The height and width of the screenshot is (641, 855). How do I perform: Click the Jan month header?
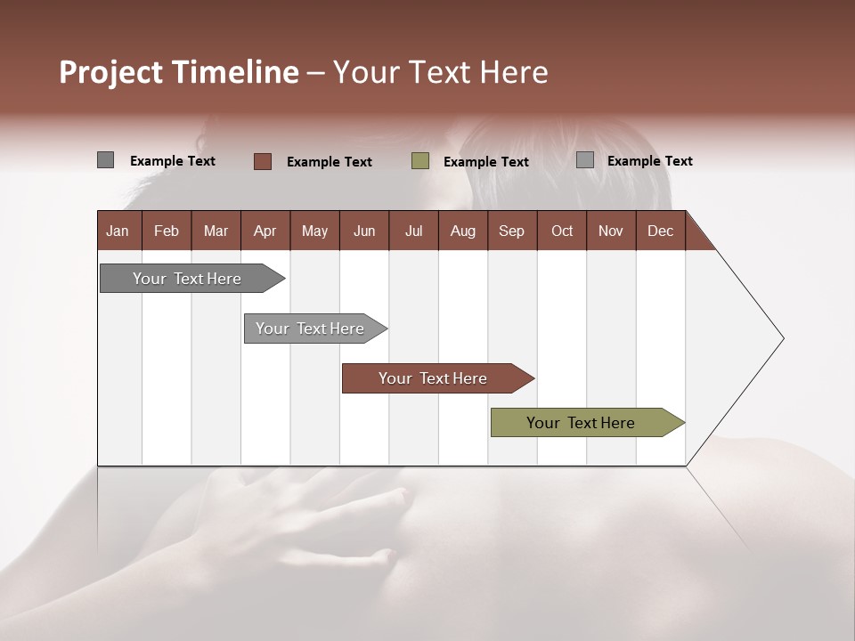point(118,231)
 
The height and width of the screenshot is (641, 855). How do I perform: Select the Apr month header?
point(265,231)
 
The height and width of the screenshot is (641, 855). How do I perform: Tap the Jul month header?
point(413,231)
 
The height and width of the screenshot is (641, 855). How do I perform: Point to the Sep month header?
point(511,231)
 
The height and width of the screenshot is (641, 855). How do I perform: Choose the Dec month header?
point(660,231)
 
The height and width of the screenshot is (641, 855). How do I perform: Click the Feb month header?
point(167,231)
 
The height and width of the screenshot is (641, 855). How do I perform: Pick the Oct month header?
point(562,231)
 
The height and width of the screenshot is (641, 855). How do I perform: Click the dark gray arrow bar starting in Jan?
point(187,279)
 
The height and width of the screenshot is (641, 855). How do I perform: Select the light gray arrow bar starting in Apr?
point(310,329)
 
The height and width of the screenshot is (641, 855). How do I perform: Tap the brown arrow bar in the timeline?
point(433,378)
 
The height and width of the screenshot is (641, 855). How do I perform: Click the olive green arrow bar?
point(581,423)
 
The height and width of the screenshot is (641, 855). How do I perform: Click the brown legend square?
point(262,161)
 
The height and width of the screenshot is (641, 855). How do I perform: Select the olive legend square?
point(420,161)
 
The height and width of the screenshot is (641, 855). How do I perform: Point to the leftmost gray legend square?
point(105,160)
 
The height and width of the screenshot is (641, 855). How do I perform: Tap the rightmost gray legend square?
point(585,160)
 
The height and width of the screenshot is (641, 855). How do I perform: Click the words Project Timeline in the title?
point(178,72)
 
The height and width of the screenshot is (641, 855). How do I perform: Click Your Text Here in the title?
point(440,72)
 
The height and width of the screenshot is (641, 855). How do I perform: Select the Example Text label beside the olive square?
point(485,162)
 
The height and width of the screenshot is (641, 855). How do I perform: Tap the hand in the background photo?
point(294,525)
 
